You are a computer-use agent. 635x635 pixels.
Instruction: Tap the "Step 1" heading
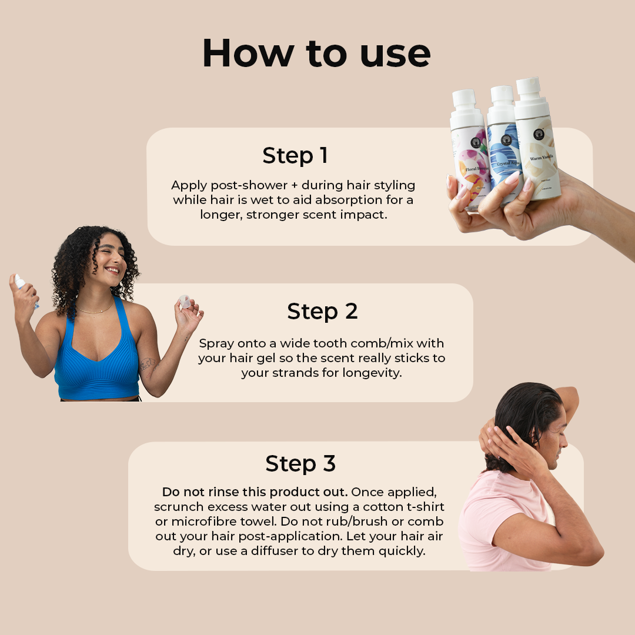coord(295,155)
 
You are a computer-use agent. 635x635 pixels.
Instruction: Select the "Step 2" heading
coord(322,311)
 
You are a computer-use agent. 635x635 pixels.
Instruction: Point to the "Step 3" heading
coord(300,463)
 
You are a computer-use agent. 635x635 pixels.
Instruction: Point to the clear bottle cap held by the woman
coord(185,302)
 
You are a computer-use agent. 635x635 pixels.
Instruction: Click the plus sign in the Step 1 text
coord(294,185)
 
